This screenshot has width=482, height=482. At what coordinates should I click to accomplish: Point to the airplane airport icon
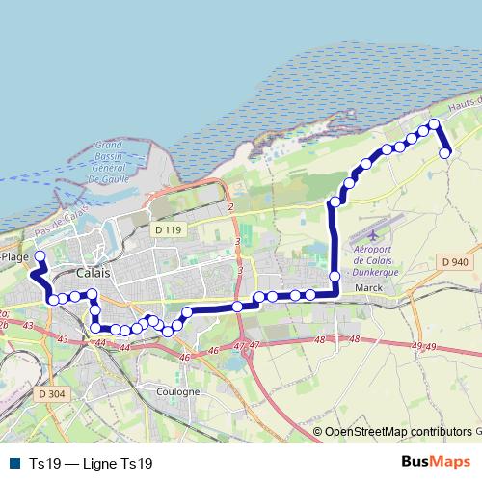point(371,236)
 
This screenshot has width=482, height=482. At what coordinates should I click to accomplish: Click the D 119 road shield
point(167,229)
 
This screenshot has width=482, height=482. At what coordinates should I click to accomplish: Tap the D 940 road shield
point(454,262)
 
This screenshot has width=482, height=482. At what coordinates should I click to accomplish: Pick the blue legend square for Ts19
point(13,464)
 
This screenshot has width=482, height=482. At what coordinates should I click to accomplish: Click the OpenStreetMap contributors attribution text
point(398,432)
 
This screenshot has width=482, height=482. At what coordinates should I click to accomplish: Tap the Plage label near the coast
point(14,257)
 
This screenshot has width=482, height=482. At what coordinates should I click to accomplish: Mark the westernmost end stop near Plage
point(40,256)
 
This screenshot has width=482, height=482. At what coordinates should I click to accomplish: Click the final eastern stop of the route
point(445,153)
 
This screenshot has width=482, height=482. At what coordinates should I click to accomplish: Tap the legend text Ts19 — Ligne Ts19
point(91,464)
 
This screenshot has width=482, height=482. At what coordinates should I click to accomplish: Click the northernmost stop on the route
point(434,123)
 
